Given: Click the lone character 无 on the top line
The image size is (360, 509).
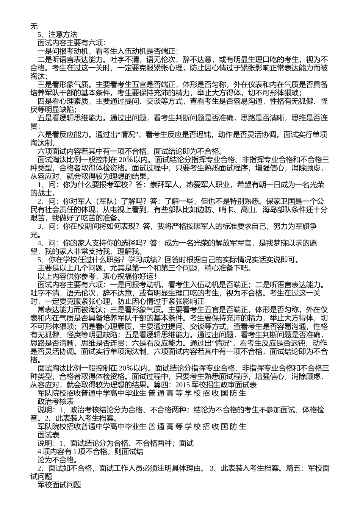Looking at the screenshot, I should (x=34, y=27).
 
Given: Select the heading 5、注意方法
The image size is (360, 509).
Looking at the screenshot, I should (x=58, y=35).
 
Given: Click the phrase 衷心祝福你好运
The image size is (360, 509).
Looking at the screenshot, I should (x=128, y=276).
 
